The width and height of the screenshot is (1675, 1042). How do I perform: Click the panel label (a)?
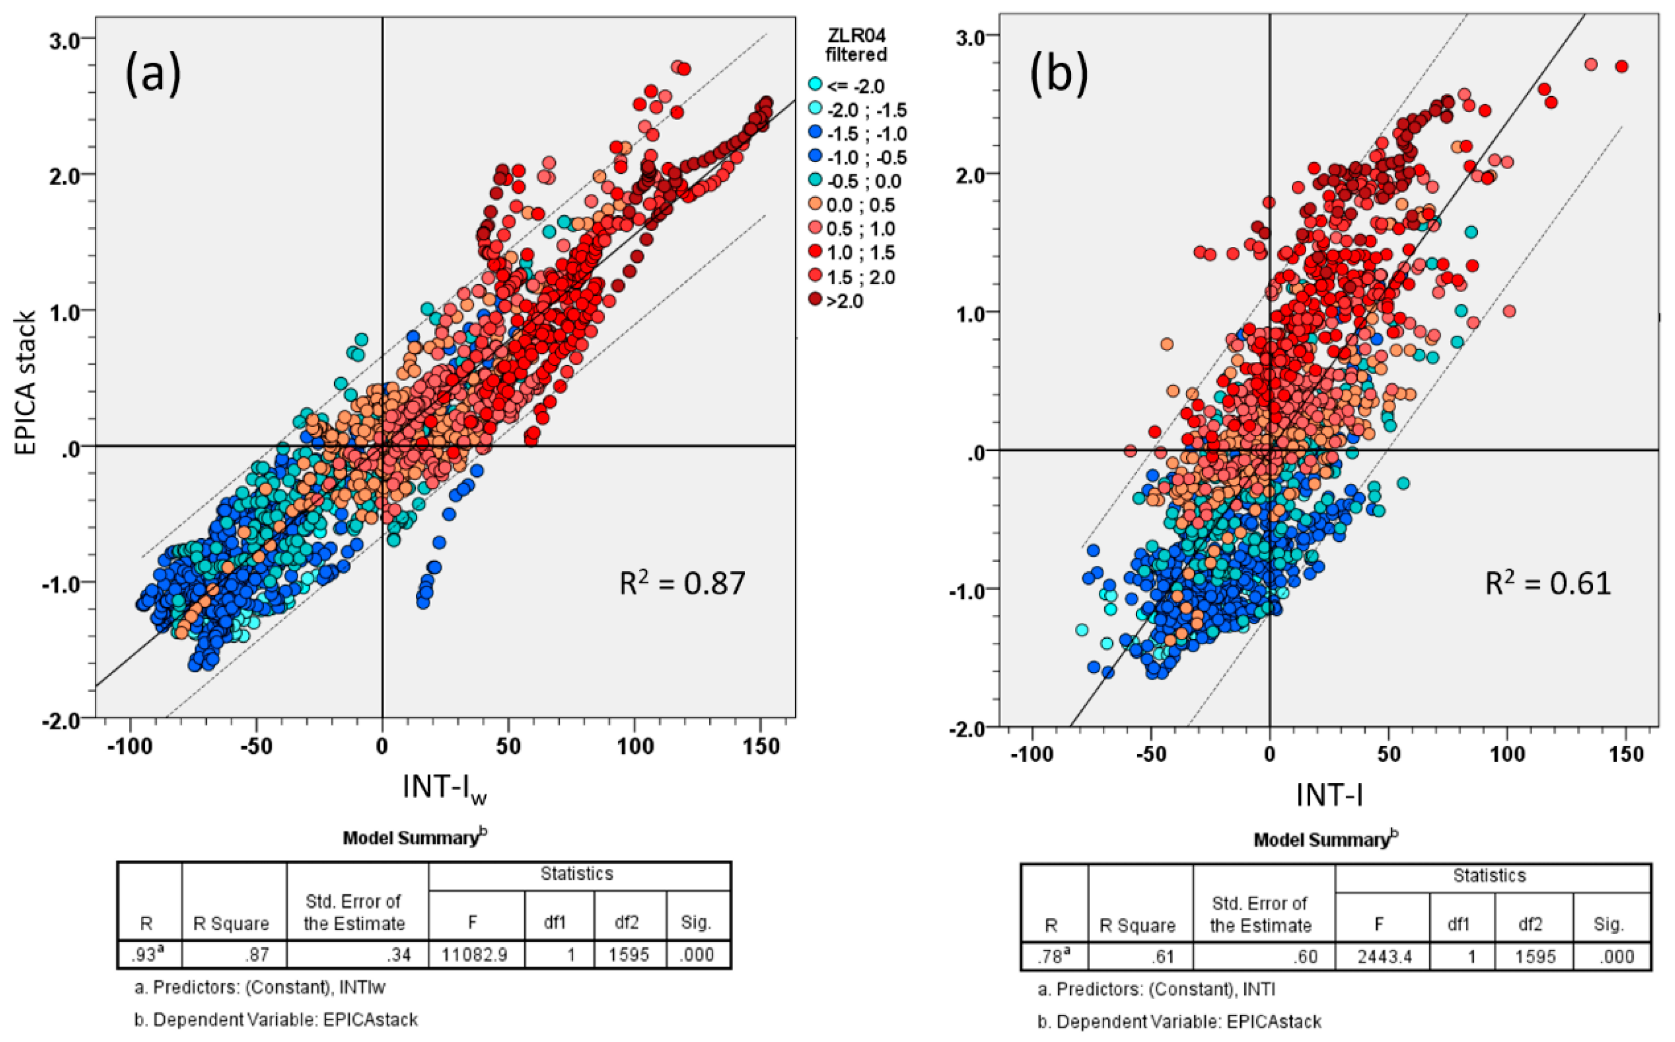pos(153,74)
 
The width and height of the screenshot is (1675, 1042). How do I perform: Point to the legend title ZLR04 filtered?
pos(856,45)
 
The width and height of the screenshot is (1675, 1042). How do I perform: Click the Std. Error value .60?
pos(1306,957)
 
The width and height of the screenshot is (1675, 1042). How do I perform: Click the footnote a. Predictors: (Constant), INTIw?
pos(260,988)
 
